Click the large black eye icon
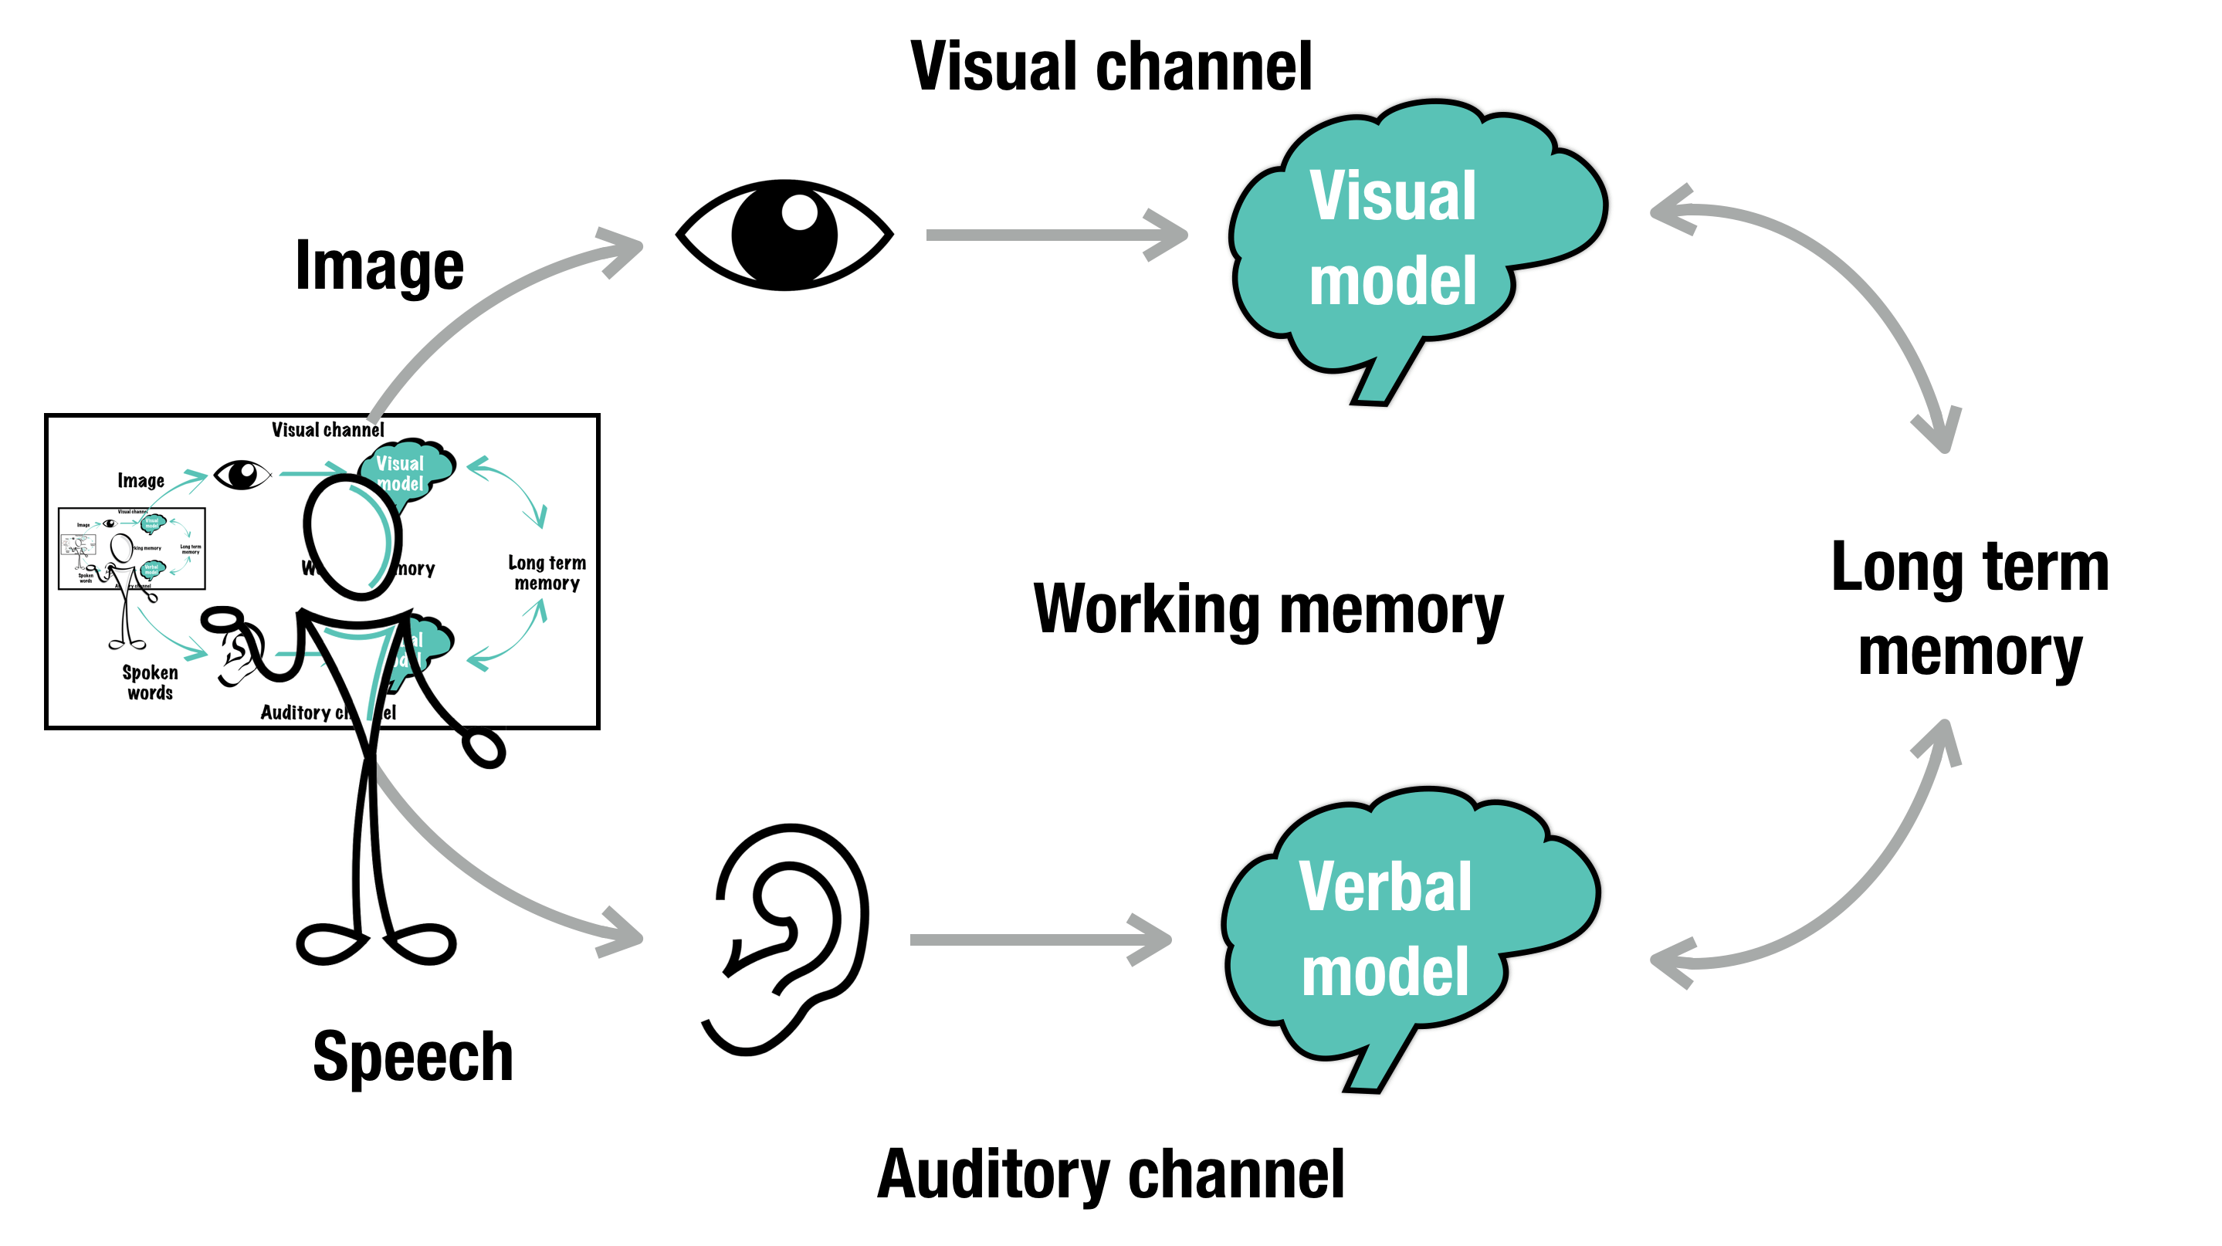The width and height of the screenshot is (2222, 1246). tap(784, 235)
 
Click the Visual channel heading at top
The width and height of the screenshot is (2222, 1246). tap(1111, 66)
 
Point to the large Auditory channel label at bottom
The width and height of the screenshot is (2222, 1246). tap(1111, 1174)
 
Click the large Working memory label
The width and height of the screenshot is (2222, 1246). tap(1268, 610)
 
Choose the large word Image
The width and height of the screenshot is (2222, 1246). tap(380, 266)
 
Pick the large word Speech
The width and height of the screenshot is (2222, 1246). tap(412, 1056)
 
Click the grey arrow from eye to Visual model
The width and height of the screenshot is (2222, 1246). tap(1057, 235)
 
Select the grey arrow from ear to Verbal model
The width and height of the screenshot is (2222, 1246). tap(1039, 939)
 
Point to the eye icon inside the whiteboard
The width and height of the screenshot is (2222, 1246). tap(242, 474)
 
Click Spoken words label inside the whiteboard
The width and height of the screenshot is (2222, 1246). tap(150, 682)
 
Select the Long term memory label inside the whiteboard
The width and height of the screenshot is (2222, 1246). tap(547, 573)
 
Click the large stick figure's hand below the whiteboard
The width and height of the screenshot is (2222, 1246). tap(484, 747)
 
